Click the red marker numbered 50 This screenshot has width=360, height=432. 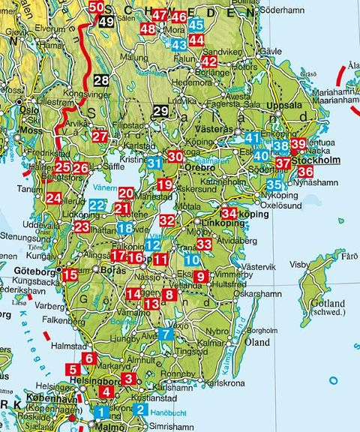coord(97,7)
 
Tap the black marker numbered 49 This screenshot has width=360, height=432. coord(106,22)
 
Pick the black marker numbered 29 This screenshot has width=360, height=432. coord(160,113)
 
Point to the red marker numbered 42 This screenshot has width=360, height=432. coord(210,61)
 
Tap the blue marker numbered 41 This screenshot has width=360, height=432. coord(252,137)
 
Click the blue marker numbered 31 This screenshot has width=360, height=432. coord(154,163)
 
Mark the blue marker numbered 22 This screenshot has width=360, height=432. coord(97,205)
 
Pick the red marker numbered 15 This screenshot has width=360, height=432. coord(70,275)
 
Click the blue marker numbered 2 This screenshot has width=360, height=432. coord(139,409)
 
